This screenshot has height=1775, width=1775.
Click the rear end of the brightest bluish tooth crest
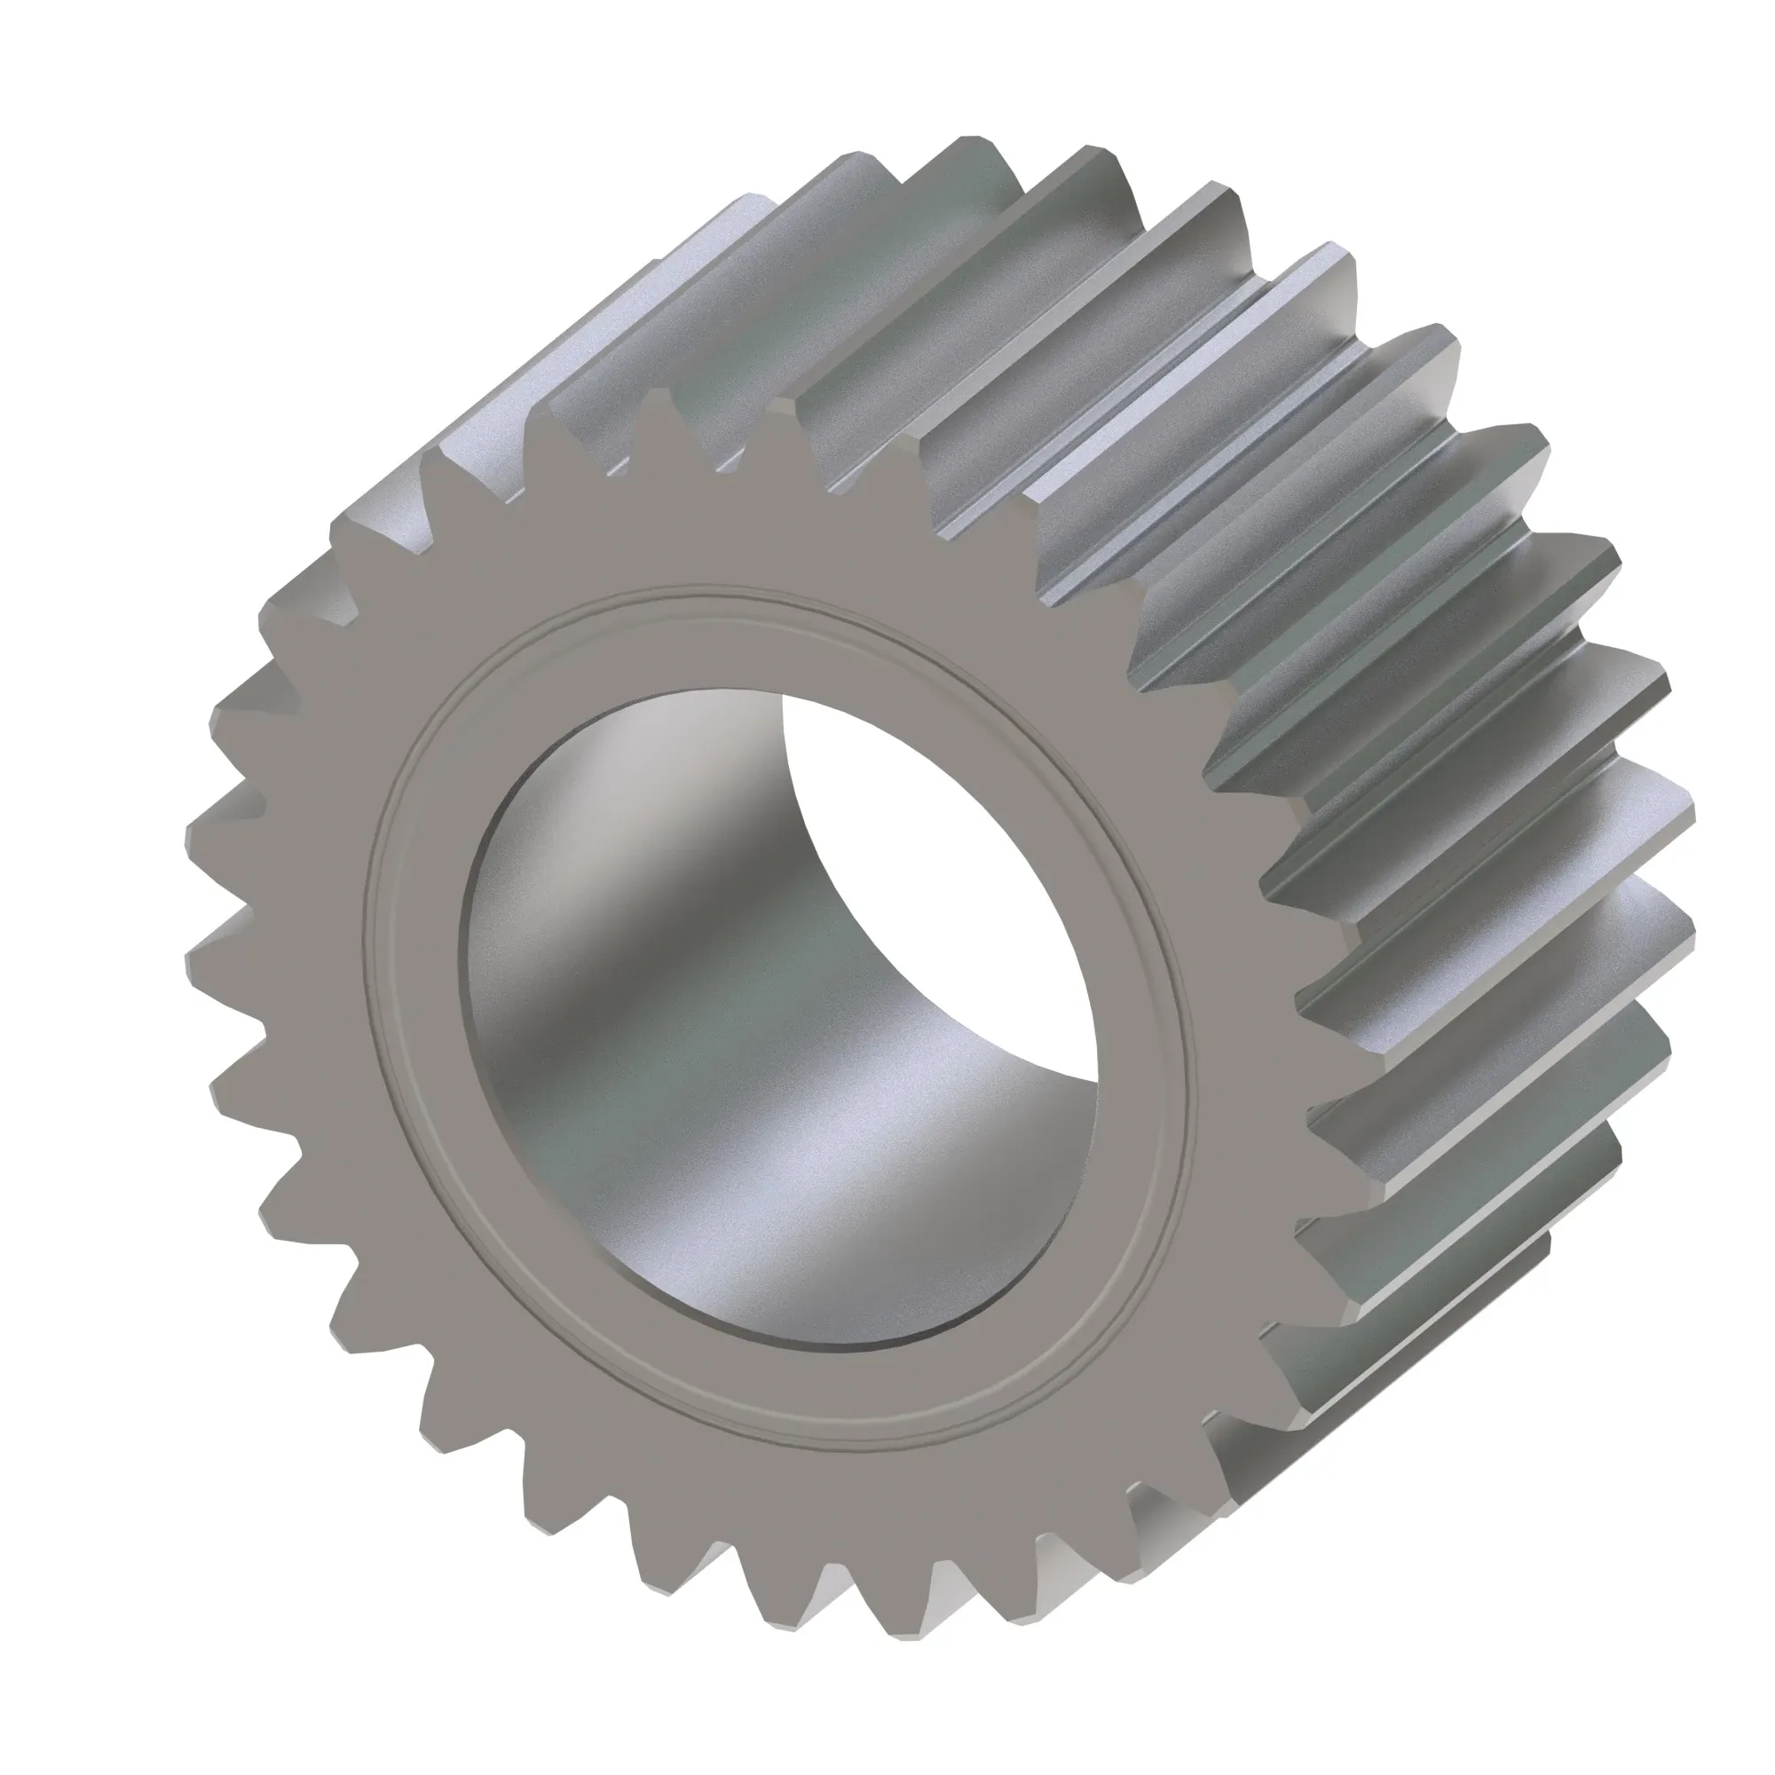[x=1323, y=266]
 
